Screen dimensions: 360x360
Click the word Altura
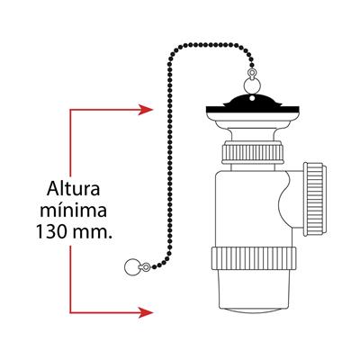pyautogui.click(x=74, y=188)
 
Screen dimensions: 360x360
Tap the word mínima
pyautogui.click(x=74, y=210)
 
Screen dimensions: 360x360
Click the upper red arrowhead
pyautogui.click(x=146, y=110)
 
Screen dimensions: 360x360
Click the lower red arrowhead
pyautogui.click(x=146, y=312)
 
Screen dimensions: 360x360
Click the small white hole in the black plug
pyautogui.click(x=252, y=98)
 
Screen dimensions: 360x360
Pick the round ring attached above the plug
pyautogui.click(x=250, y=85)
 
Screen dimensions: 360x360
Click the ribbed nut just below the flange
pyautogui.click(x=253, y=154)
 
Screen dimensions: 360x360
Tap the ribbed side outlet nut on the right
pyautogui.click(x=314, y=199)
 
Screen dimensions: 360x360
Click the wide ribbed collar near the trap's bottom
pyautogui.click(x=254, y=258)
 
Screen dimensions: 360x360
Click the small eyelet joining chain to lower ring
pyautogui.click(x=147, y=266)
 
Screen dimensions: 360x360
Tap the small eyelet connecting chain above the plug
pyautogui.click(x=251, y=73)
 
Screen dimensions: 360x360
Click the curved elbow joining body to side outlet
pyautogui.click(x=291, y=200)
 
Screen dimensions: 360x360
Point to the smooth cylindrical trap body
pyautogui.click(x=249, y=210)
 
